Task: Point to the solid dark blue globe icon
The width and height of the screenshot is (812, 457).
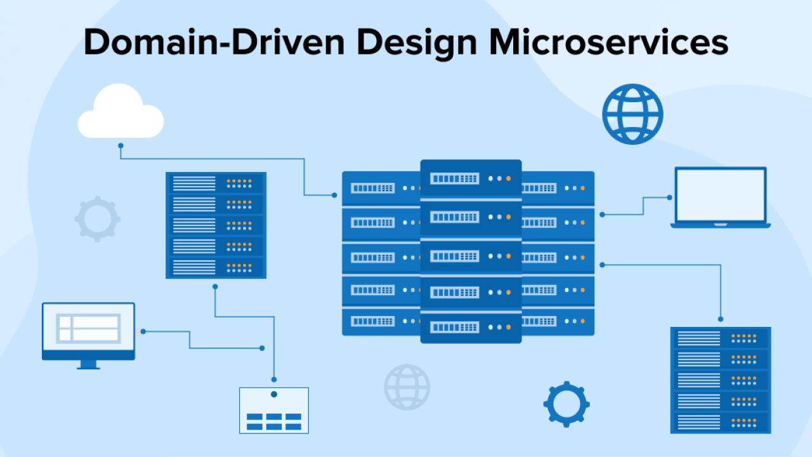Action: point(632,115)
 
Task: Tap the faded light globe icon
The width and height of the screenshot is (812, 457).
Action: point(407,387)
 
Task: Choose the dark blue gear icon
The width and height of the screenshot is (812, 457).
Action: point(566,404)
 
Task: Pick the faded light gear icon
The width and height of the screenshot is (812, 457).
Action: point(97,219)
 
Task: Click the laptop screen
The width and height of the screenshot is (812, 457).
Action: point(720,195)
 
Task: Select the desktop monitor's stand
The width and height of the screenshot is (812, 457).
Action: point(89,364)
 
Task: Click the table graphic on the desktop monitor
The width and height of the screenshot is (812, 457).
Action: point(88,328)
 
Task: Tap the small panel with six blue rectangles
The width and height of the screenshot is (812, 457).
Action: point(274,411)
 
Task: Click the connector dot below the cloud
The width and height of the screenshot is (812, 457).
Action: point(121,145)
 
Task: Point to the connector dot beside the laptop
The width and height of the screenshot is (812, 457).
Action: point(669,197)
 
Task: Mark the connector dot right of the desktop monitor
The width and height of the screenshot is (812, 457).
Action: point(143,331)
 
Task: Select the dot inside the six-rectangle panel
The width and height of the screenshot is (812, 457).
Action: point(274,394)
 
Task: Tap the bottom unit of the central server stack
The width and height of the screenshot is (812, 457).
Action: point(471,327)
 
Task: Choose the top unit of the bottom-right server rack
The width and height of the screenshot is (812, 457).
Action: point(721,338)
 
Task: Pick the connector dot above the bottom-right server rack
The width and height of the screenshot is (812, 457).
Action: point(721,319)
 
